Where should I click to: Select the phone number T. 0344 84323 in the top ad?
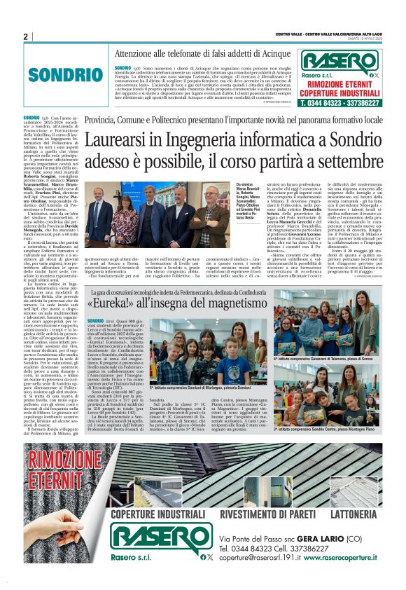tap(321, 102)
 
